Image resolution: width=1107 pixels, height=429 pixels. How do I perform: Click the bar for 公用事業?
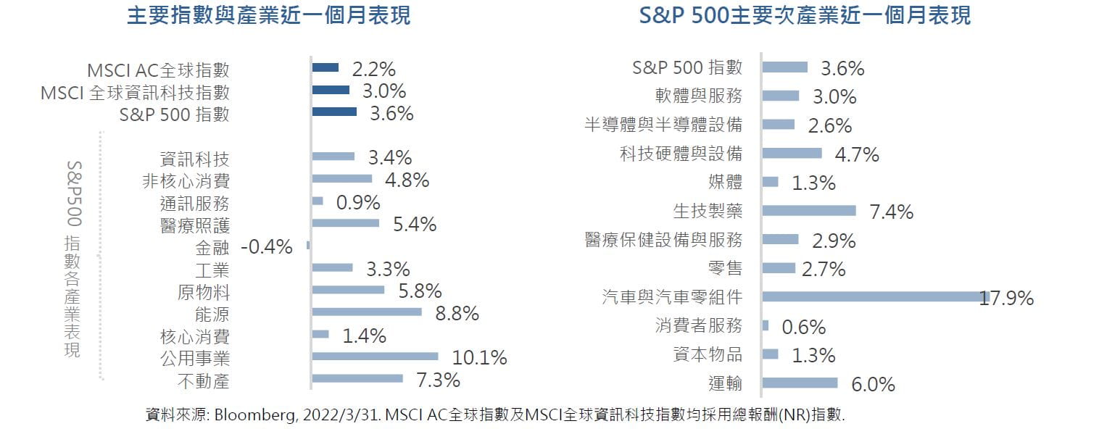pos(375,357)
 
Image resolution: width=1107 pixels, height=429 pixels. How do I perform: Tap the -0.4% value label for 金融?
pos(266,247)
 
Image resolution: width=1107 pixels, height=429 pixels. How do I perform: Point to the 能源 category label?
pos(212,314)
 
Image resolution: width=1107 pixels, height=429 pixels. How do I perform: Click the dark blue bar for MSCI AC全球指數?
pos(326,67)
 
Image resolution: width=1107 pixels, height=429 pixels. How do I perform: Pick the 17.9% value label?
pos(1006,298)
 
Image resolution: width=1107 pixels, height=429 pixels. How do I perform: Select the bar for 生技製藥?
pos(809,211)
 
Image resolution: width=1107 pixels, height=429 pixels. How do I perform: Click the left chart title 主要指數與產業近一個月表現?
pos(268,16)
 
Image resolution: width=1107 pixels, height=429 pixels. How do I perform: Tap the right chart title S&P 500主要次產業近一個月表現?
pos(805,16)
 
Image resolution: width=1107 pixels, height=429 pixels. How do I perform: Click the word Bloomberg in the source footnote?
pos(251,415)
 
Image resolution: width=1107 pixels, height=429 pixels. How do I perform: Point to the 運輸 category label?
pos(725,383)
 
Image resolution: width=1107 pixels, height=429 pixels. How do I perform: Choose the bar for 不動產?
pos(357,378)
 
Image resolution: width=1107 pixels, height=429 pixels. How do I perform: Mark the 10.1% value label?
pos(479,358)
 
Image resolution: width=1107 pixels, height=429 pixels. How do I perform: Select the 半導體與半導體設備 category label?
pos(663,125)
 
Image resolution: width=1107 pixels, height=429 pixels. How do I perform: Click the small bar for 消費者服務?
pos(766,325)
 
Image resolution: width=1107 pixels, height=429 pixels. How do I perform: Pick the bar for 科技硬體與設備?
pos(792,153)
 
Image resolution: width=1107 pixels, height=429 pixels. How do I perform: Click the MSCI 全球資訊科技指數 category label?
pos(136,92)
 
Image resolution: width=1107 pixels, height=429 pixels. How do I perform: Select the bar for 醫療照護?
pos(346,223)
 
